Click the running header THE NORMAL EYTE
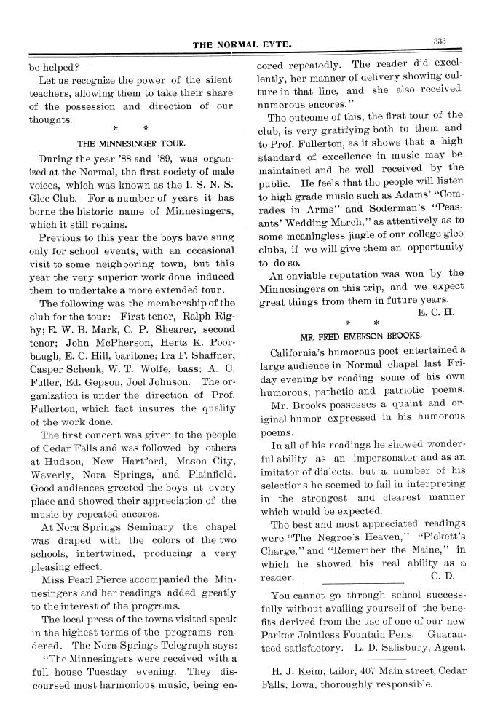coord(242,44)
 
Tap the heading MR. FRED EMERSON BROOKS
coord(361,336)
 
